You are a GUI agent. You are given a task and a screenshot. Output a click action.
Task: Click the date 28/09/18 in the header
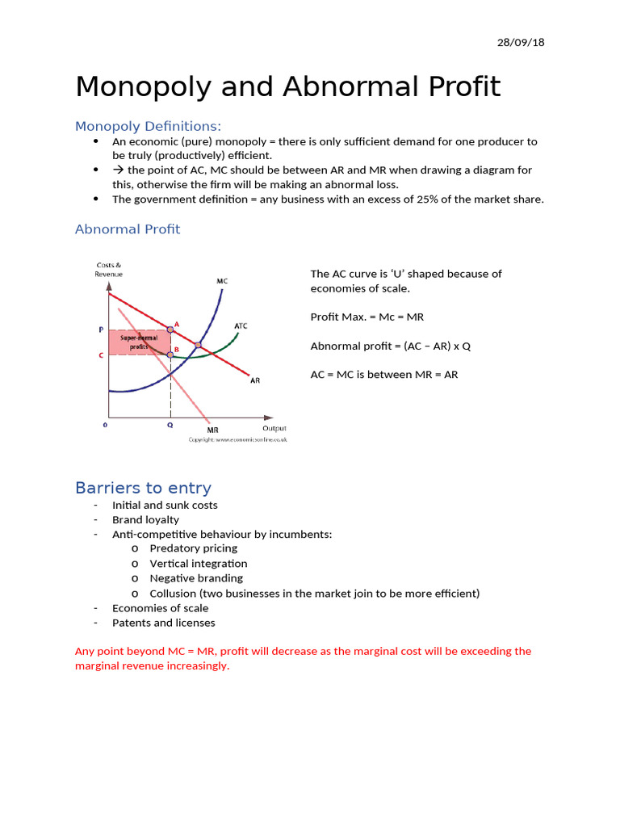pyautogui.click(x=521, y=42)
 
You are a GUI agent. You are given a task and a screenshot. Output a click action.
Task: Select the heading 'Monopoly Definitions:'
pyautogui.click(x=148, y=126)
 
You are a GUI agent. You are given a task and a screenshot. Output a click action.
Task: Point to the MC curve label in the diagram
pyautogui.click(x=222, y=281)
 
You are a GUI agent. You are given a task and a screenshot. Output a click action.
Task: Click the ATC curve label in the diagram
pyautogui.click(x=241, y=326)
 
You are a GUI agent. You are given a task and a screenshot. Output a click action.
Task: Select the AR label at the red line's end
pyautogui.click(x=254, y=380)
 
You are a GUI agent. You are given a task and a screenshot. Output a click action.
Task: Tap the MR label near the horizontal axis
pyautogui.click(x=212, y=430)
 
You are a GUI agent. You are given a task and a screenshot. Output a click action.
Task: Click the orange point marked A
pyautogui.click(x=170, y=329)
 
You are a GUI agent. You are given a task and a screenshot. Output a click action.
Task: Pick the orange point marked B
pyautogui.click(x=170, y=355)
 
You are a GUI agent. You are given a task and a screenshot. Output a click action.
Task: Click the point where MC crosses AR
pyautogui.click(x=199, y=345)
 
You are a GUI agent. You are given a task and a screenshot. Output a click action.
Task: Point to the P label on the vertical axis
pyautogui.click(x=101, y=330)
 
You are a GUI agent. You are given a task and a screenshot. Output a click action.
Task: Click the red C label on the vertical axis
pyautogui.click(x=101, y=355)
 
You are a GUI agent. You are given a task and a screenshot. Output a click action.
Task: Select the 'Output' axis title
pyautogui.click(x=274, y=428)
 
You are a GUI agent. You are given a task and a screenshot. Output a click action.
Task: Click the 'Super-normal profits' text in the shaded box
pyautogui.click(x=139, y=342)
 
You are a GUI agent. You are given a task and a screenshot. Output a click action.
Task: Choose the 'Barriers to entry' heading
pyautogui.click(x=143, y=488)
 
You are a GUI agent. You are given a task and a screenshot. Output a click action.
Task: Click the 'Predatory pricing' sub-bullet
pyautogui.click(x=193, y=548)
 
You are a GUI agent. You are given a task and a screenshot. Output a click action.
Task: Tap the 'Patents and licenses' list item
pyautogui.click(x=163, y=623)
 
